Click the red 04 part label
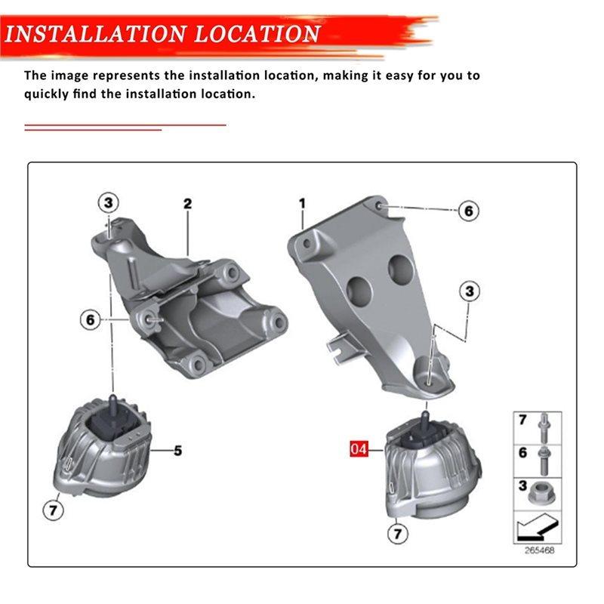(x=358, y=450)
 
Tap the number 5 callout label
(x=177, y=451)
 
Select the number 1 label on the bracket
(x=302, y=203)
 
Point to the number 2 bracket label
(x=187, y=203)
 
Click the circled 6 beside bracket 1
(x=468, y=211)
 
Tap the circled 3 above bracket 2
(x=109, y=202)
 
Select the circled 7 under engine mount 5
(x=53, y=510)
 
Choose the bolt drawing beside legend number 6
(x=543, y=456)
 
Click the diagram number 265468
(x=539, y=550)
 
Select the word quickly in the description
(x=50, y=94)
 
